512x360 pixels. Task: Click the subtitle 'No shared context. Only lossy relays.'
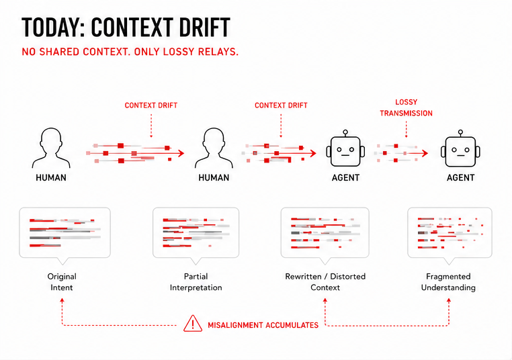pyautogui.click(x=130, y=52)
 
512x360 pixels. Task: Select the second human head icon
pyautogui.click(x=214, y=148)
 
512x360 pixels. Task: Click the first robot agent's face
pyautogui.click(x=345, y=149)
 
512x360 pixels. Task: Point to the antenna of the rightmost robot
pyautogui.click(x=460, y=132)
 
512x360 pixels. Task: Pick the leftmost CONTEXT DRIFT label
pyautogui.click(x=151, y=105)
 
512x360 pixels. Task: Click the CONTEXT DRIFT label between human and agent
pyautogui.click(x=281, y=105)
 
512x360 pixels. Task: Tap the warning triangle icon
pyautogui.click(x=193, y=325)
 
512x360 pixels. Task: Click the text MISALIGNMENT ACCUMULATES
pyautogui.click(x=263, y=325)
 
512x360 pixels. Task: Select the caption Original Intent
pyautogui.click(x=62, y=282)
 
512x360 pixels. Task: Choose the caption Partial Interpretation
pyautogui.click(x=196, y=282)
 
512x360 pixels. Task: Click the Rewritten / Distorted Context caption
pyautogui.click(x=325, y=282)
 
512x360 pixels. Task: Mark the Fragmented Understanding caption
pyautogui.click(x=448, y=282)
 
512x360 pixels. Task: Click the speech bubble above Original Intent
pyautogui.click(x=65, y=232)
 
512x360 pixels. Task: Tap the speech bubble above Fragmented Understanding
pyautogui.click(x=450, y=232)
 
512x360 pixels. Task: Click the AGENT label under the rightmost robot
pyautogui.click(x=461, y=178)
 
